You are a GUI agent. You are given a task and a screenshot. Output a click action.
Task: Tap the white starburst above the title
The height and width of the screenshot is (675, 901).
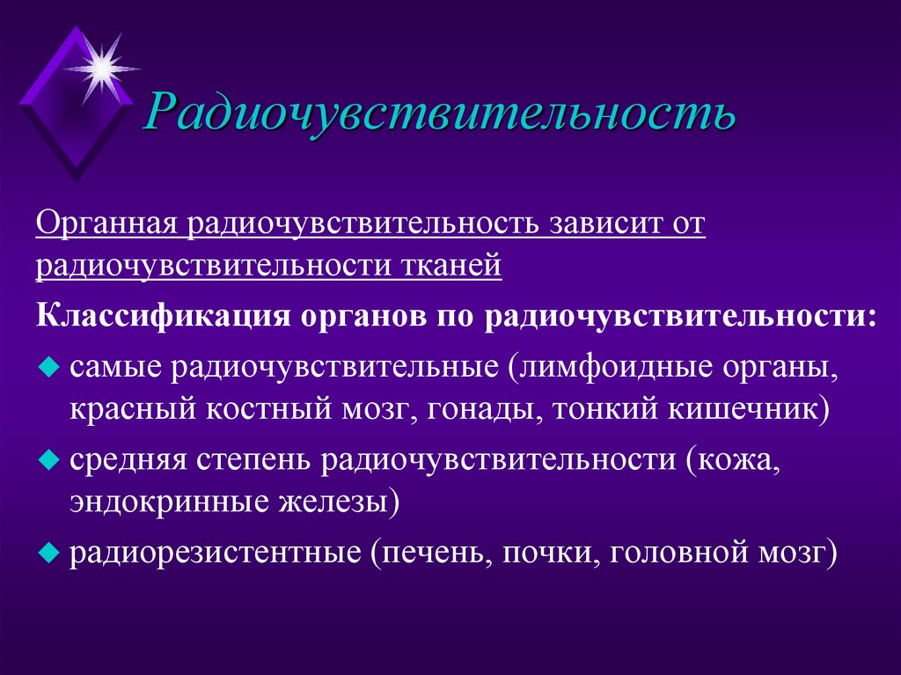coord(102,64)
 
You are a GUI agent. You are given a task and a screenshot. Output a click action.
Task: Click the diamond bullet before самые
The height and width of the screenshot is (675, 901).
coord(48,364)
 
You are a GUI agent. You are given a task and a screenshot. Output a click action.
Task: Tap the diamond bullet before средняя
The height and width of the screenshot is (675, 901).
coord(48,459)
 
